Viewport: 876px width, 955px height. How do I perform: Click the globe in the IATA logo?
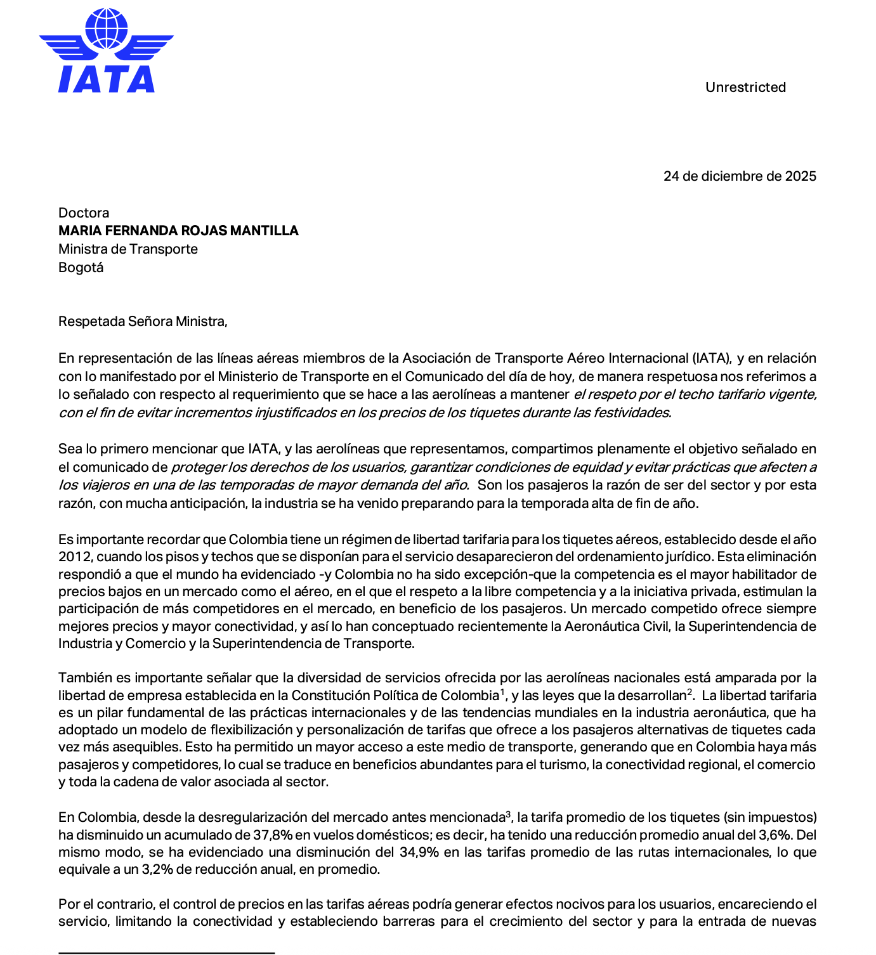[106, 28]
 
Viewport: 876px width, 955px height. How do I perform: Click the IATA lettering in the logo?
[107, 79]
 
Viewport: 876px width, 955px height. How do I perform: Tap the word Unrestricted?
[745, 88]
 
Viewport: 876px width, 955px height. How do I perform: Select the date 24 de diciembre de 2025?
[740, 176]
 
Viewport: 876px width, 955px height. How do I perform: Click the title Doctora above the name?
[84, 213]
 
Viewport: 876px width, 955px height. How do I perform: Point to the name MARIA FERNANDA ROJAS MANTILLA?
[178, 231]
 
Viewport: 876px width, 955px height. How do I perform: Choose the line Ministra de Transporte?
[128, 249]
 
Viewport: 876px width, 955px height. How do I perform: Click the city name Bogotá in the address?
[81, 268]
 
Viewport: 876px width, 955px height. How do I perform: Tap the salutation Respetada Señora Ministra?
[143, 322]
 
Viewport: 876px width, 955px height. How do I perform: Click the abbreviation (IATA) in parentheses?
[710, 359]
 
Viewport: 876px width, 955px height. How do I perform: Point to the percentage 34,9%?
[419, 852]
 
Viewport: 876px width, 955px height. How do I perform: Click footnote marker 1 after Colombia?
[502, 692]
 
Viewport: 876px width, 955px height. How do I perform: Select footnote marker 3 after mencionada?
[508, 814]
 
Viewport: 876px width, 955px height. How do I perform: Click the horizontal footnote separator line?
[166, 952]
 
